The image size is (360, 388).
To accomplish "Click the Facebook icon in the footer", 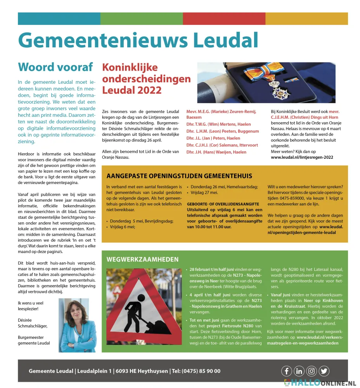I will click(286, 371).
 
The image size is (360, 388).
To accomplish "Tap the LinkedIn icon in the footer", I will click(299, 371).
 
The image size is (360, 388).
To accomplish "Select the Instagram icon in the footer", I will click(312, 371).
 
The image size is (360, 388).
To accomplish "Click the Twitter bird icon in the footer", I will click(324, 371).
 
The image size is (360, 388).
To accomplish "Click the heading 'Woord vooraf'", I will click(55, 67).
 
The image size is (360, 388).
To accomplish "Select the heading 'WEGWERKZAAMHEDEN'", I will click(142, 259).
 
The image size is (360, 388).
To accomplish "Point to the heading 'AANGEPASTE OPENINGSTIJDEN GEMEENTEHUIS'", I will click(179, 176).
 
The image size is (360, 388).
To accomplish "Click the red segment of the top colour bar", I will click(224, 19).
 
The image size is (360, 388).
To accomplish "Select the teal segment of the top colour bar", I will click(59, 19).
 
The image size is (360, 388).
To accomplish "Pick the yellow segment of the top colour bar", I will click(306, 19).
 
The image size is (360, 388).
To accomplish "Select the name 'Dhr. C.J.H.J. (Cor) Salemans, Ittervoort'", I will click(222, 145).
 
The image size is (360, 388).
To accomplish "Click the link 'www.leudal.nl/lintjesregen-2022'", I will click(302, 157).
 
